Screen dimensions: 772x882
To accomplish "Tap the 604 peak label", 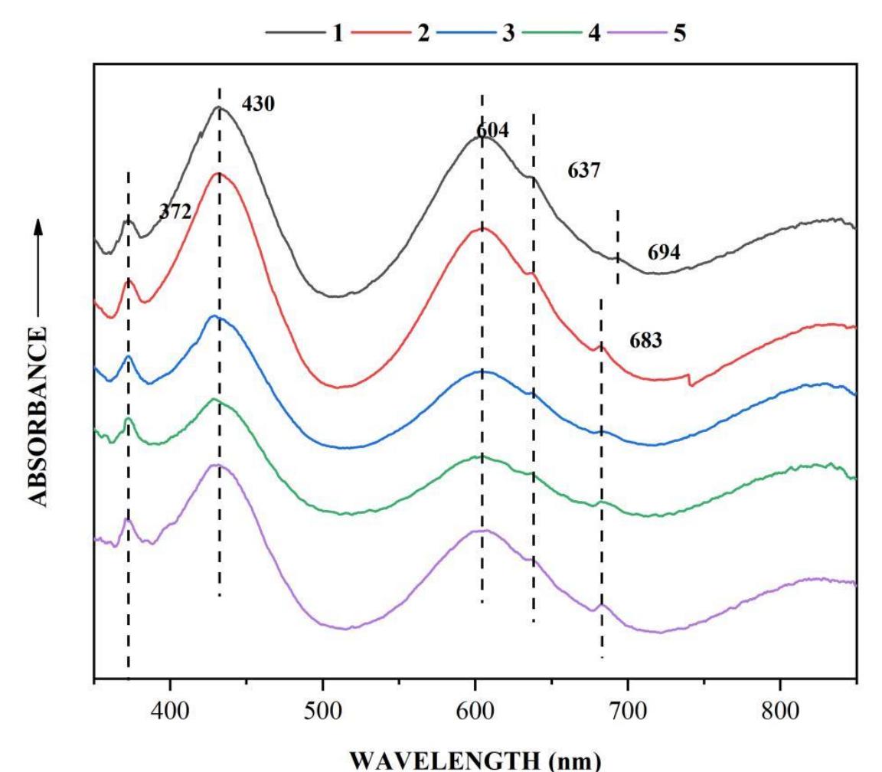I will point(492,131).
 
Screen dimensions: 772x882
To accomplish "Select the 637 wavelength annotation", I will point(583,170).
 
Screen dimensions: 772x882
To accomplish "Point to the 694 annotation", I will point(664,253).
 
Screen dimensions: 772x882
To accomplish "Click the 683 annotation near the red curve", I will point(645,341).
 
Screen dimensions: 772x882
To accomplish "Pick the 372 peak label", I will point(175,212).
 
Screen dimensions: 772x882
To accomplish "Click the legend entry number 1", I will point(338,34).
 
